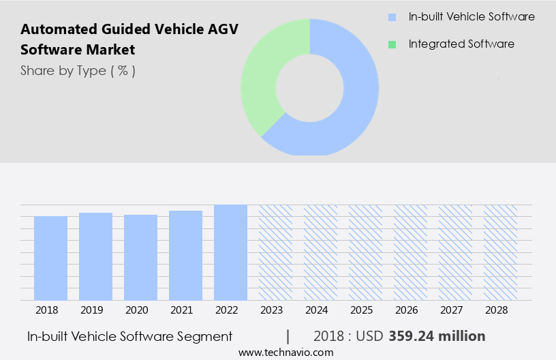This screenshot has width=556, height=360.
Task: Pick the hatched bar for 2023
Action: pos(275,252)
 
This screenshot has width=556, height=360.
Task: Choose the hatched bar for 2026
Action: pos(410,252)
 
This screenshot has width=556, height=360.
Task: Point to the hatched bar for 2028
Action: pos(500,252)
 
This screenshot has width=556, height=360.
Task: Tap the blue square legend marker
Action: pos(392,17)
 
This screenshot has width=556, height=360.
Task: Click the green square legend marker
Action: pos(392,44)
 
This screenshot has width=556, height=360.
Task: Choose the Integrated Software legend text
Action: pos(461,44)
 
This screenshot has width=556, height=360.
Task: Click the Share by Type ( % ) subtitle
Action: pos(78,70)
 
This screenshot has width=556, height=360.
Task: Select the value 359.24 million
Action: pos(437,336)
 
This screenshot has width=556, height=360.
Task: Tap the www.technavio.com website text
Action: pos(286,352)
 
